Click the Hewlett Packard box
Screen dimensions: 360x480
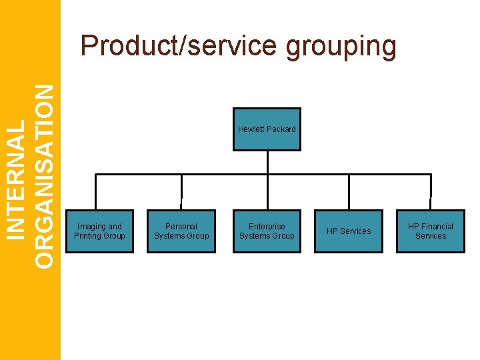click(267, 129)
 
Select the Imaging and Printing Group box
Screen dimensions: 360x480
click(99, 231)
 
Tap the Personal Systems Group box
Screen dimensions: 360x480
click(181, 231)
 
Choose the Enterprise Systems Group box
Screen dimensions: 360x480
click(267, 231)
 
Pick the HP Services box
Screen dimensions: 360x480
click(349, 231)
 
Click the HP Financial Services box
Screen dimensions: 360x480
click(431, 231)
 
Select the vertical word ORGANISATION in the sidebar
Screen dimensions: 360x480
click(43, 176)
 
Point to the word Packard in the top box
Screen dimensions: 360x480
click(281, 129)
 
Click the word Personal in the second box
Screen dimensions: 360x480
click(181, 227)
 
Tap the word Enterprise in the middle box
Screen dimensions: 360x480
click(267, 227)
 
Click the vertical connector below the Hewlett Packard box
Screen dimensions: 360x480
click(267, 162)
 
